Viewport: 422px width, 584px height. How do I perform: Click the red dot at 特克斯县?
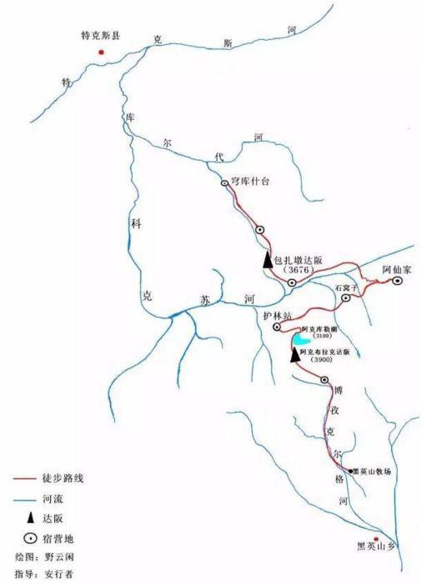[x=102, y=52]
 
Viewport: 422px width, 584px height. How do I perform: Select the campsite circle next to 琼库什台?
[x=224, y=183]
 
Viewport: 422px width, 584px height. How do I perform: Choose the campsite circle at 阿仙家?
[x=399, y=281]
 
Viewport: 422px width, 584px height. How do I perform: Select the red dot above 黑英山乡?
[x=377, y=539]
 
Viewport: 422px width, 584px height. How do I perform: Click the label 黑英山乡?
[x=375, y=549]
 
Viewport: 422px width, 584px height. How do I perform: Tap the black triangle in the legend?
[x=28, y=517]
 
